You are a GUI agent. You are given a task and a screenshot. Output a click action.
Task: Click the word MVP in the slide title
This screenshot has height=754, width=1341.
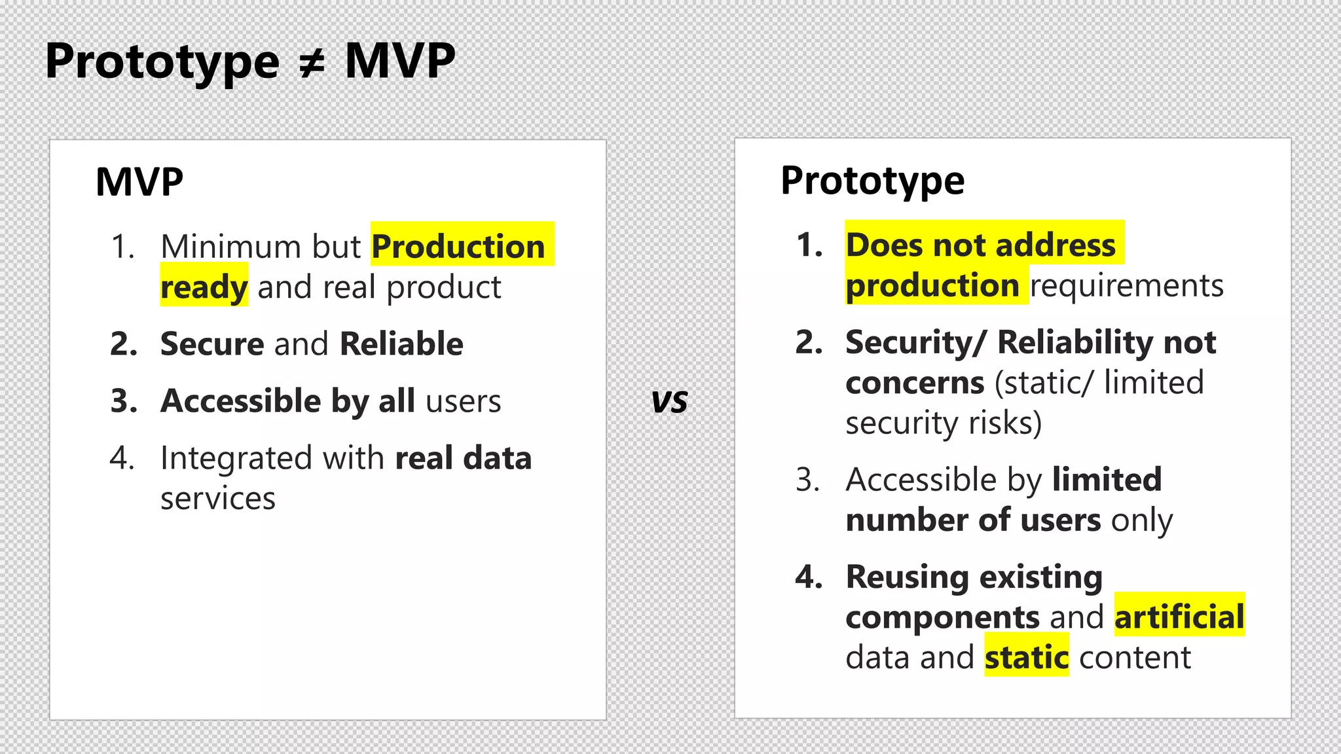(x=399, y=62)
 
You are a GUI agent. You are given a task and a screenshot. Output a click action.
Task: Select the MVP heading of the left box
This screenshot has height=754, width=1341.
(x=139, y=182)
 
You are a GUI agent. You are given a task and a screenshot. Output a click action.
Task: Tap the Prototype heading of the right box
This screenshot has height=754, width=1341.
(x=872, y=181)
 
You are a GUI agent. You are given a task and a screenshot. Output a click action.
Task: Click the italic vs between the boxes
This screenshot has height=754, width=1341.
(x=669, y=402)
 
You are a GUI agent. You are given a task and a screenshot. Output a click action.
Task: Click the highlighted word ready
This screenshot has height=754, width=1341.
(x=204, y=287)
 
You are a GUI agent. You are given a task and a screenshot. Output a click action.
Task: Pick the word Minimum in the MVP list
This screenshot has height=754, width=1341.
(x=230, y=247)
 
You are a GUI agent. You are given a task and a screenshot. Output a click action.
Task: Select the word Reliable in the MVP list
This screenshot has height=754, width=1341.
(x=401, y=344)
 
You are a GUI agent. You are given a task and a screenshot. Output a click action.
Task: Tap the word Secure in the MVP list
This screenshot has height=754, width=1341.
(x=212, y=344)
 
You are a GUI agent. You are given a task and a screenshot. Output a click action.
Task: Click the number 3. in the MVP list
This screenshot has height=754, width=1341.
(x=124, y=401)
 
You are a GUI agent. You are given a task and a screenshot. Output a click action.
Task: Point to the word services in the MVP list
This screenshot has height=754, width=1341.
(x=218, y=499)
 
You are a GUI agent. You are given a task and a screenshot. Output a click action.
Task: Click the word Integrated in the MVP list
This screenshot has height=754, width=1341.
(x=236, y=458)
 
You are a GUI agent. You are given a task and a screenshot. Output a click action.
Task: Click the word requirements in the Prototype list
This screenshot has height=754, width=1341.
(x=1126, y=286)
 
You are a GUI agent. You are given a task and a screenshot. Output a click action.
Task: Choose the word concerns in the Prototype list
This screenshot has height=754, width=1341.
(x=915, y=383)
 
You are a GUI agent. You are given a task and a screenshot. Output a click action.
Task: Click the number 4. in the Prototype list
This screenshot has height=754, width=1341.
(x=809, y=577)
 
